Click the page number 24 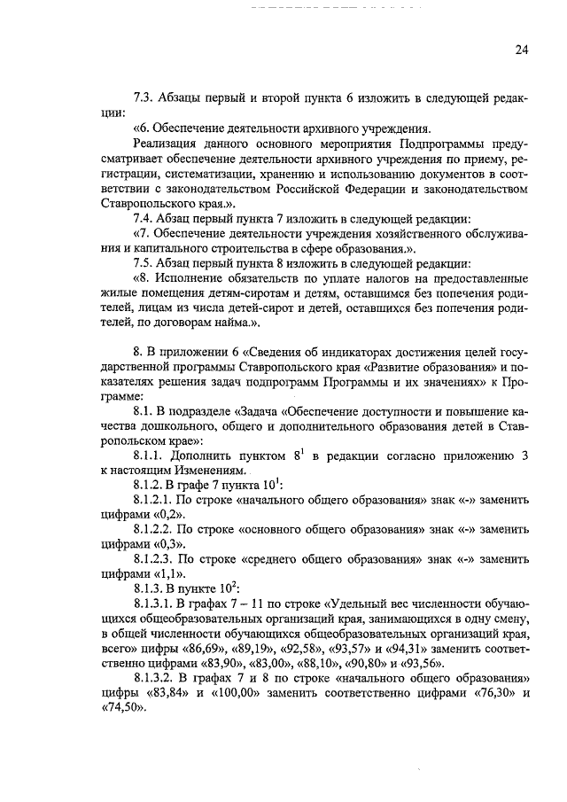[522, 50]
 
